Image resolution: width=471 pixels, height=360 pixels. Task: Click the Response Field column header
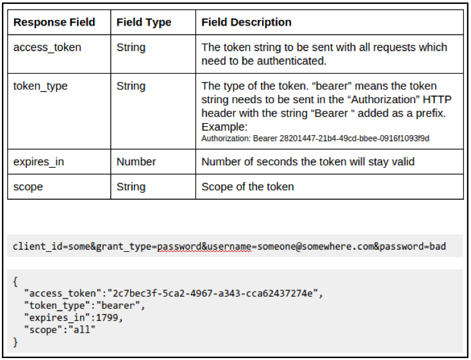(54, 22)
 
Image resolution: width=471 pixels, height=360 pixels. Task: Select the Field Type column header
(144, 22)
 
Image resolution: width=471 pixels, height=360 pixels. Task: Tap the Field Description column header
(246, 22)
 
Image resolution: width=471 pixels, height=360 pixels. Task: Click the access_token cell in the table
(47, 47)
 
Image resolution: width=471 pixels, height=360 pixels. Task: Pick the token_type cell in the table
(40, 86)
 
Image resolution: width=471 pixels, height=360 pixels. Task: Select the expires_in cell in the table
(38, 161)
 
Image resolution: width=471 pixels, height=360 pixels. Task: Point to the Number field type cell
(136, 161)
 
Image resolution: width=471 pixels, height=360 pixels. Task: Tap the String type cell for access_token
(131, 47)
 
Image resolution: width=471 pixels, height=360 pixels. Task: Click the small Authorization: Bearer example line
(315, 138)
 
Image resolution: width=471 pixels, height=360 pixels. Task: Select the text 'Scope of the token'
(247, 187)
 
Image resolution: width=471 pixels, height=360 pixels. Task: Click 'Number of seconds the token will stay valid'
(308, 161)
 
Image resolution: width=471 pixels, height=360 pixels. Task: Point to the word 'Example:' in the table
(224, 127)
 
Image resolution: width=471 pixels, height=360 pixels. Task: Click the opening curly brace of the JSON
(15, 281)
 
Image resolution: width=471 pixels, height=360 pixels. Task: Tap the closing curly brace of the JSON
(15, 341)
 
